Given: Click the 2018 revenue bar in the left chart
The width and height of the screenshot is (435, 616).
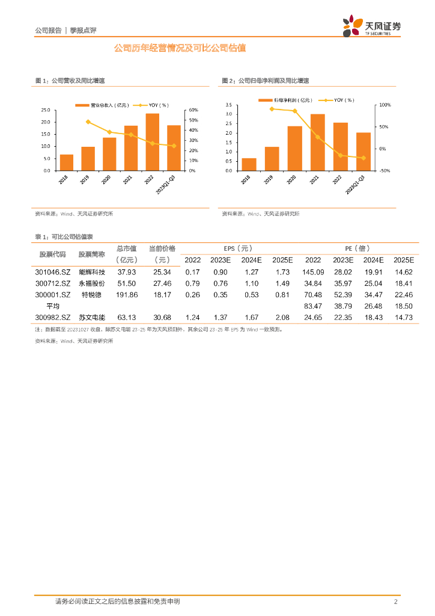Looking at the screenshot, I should (67, 162).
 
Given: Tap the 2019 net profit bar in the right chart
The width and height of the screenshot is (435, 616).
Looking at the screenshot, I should (272, 158).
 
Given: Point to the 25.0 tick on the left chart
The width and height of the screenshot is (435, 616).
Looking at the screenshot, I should (46, 110).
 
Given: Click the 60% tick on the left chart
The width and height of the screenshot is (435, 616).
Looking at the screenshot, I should (193, 110).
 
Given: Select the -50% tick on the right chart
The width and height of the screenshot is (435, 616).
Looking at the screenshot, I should (385, 171).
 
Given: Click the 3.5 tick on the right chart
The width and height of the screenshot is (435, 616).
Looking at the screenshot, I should (228, 105).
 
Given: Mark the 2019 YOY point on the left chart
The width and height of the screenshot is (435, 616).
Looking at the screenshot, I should (88, 122).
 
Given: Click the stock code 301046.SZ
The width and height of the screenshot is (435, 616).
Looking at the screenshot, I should (53, 273).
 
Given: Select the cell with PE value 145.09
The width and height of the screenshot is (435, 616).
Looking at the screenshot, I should (313, 273).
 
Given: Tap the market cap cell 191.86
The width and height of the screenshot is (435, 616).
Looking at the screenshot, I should (127, 295).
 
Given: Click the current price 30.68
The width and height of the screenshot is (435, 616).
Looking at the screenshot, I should (162, 317).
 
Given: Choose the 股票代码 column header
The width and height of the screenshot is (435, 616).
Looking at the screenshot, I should (53, 254).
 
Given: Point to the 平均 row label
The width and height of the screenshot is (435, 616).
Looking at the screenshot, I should (53, 306).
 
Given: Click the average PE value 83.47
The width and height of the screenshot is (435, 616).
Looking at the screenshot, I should (313, 306).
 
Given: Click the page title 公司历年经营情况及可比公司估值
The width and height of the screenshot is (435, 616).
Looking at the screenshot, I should (180, 48).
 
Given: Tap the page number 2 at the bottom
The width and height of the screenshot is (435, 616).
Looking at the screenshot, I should (395, 602).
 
